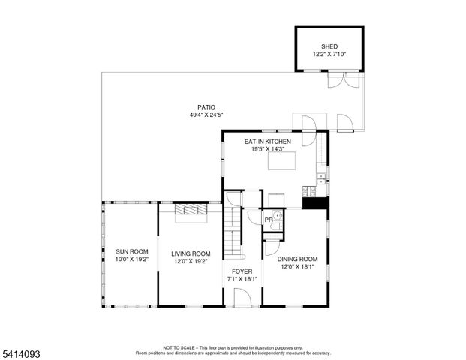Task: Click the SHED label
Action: (x=329, y=46)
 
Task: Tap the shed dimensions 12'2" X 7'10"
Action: (x=329, y=54)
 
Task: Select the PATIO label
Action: (x=206, y=106)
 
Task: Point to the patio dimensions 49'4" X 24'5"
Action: (x=206, y=115)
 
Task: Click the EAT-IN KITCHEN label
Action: (x=268, y=141)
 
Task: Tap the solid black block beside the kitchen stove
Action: (x=316, y=202)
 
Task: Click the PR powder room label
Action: (x=268, y=220)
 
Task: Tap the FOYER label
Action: (x=242, y=271)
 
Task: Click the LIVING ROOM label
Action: (x=191, y=253)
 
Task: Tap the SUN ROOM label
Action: (x=132, y=251)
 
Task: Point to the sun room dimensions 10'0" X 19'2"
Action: (x=132, y=259)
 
